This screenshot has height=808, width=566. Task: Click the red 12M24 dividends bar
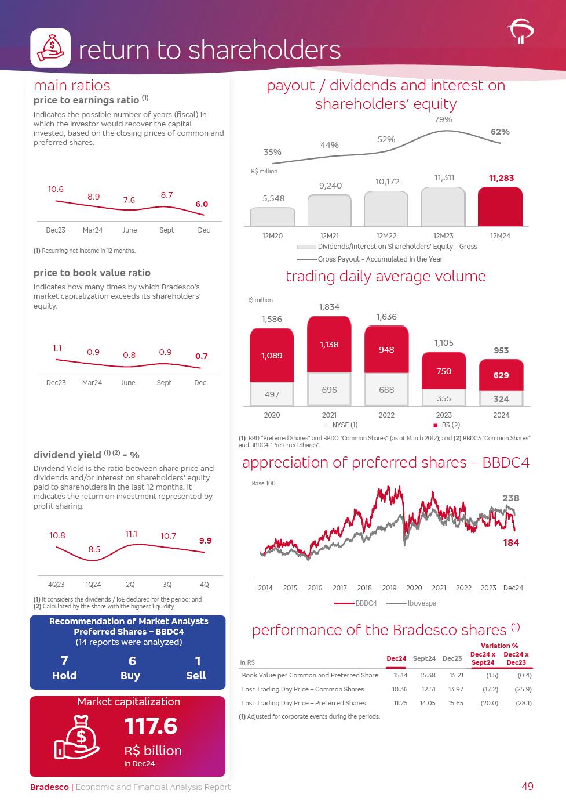(x=500, y=207)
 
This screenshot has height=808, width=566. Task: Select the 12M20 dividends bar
(x=272, y=217)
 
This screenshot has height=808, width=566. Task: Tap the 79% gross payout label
(x=443, y=119)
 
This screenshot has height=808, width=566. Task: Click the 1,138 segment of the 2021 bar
(x=329, y=345)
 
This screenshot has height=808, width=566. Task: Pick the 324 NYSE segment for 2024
(x=501, y=398)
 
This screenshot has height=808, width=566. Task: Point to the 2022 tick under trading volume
(x=386, y=415)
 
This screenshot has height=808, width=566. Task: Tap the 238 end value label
(x=510, y=498)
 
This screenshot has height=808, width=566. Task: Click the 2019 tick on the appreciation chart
(x=389, y=588)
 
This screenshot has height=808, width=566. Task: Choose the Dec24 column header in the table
(x=396, y=658)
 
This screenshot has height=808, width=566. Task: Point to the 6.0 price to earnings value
(x=202, y=204)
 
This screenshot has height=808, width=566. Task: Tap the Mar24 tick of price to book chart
(x=93, y=382)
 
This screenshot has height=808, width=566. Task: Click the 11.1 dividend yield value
(x=132, y=534)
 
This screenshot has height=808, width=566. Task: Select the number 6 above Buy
(x=132, y=661)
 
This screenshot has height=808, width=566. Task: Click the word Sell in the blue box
(x=196, y=675)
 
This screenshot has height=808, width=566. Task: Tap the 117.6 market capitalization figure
(x=151, y=726)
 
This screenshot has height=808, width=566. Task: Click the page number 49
(x=527, y=787)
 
